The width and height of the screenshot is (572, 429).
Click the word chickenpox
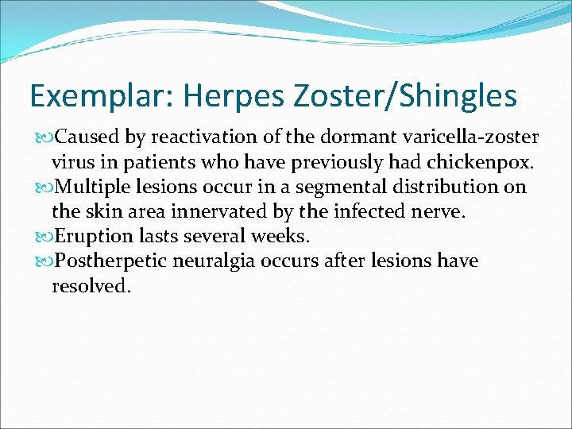click(485, 162)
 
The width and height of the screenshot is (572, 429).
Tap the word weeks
click(285, 236)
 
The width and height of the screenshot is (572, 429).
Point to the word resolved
click(88, 286)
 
